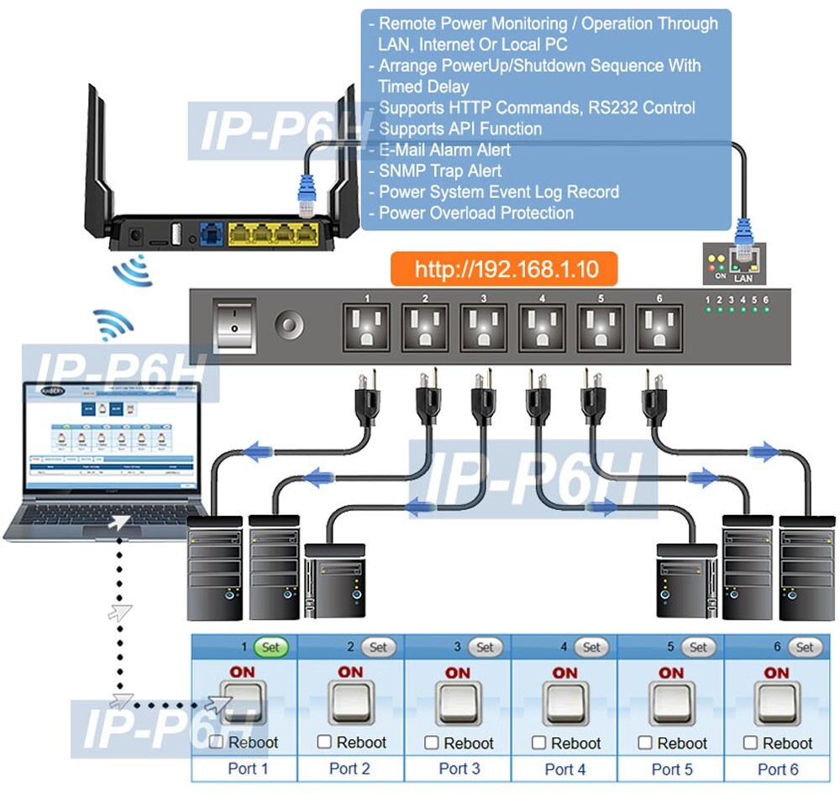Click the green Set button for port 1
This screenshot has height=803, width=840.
click(x=270, y=648)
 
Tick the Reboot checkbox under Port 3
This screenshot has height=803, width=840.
click(x=432, y=743)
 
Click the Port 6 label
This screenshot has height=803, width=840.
click(x=777, y=769)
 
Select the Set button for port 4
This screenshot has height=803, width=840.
click(x=591, y=648)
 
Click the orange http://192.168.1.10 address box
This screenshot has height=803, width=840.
click(x=504, y=270)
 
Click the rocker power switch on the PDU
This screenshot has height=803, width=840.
click(x=234, y=324)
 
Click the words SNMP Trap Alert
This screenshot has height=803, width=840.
click(x=439, y=171)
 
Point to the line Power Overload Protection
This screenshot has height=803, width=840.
click(x=475, y=213)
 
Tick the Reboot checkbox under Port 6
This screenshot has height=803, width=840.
click(x=751, y=743)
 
